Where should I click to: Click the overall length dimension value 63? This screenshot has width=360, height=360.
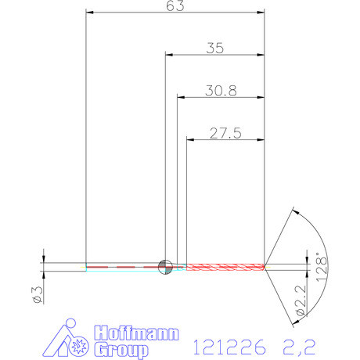[x=175, y=6]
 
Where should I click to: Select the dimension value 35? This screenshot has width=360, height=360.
[x=214, y=48]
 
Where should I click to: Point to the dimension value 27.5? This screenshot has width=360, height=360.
[x=225, y=133]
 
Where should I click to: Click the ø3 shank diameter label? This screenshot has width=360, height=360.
[x=35, y=294]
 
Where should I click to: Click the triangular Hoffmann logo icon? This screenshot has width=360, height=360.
[x=68, y=340]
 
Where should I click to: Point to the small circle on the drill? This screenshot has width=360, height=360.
[x=165, y=266]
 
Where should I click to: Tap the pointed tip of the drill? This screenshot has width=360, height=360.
[x=266, y=266]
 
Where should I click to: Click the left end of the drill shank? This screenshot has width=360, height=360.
[x=86, y=266]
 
